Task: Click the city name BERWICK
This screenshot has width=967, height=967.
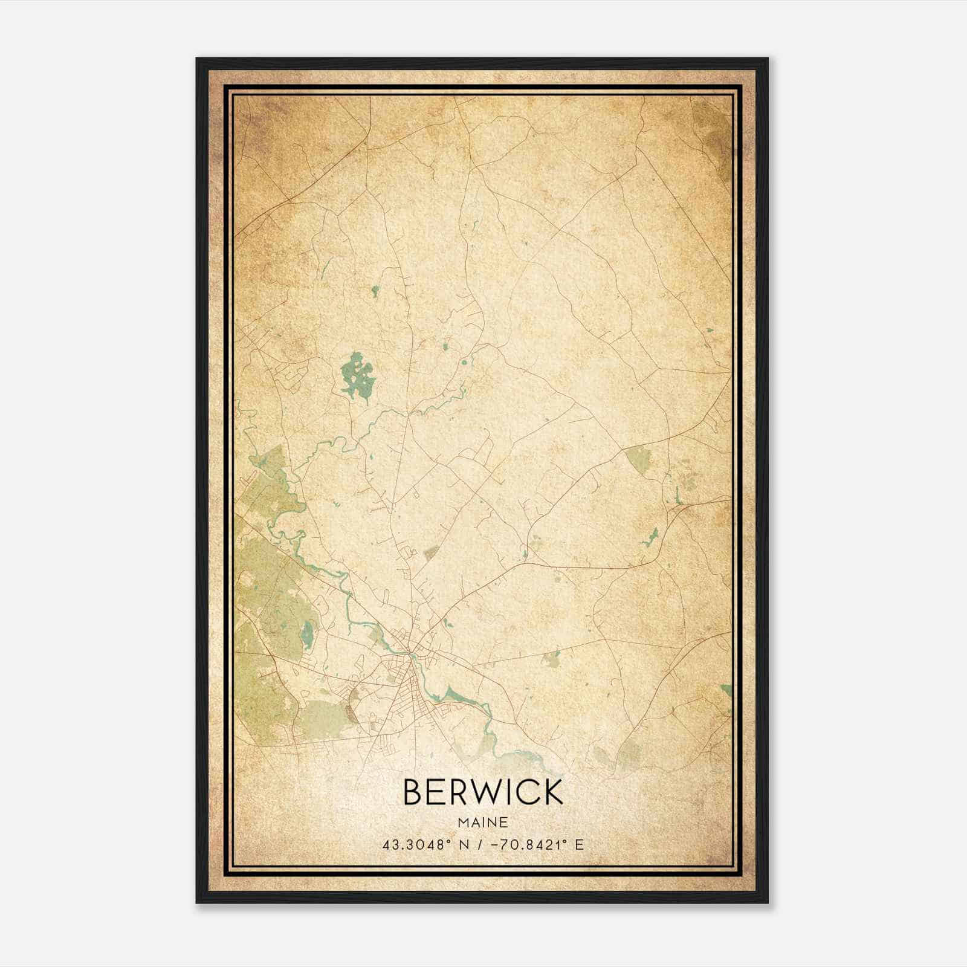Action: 482,792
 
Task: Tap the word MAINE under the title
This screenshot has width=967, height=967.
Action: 482,823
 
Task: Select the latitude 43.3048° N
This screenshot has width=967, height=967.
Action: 421,845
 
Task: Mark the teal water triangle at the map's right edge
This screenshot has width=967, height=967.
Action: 726,690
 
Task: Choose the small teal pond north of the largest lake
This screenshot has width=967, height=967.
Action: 375,291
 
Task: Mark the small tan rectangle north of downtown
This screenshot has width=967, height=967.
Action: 431,551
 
